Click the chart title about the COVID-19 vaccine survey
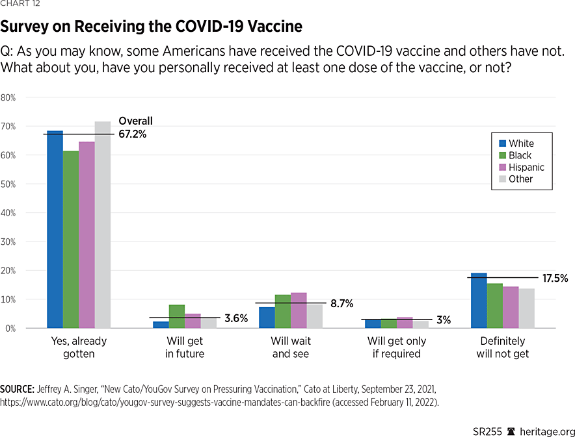coord(151,27)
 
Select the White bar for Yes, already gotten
coord(55,230)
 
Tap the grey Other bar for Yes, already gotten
coord(103,225)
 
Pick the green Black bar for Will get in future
coord(177,316)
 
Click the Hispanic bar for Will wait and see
coord(299,310)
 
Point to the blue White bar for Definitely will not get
coord(479,301)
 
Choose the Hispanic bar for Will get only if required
coord(404,323)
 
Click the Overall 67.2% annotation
coord(135,127)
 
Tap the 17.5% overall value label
coord(555,279)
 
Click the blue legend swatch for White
coord(502,144)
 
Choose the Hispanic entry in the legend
coord(526,167)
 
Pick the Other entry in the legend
coord(520,179)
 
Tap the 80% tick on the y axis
coord(8,97)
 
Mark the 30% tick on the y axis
coord(8,242)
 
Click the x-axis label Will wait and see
coord(291,347)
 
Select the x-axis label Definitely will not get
coord(503,347)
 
